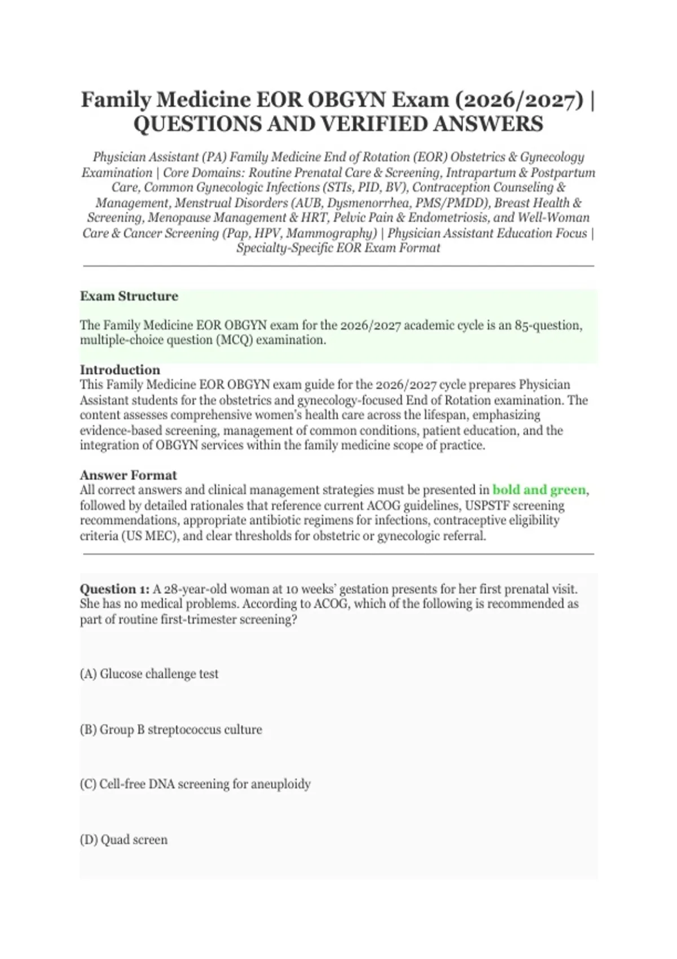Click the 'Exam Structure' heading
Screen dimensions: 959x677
(129, 296)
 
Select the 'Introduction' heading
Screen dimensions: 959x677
(120, 370)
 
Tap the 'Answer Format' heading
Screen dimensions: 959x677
(128, 475)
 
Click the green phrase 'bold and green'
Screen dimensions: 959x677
(539, 490)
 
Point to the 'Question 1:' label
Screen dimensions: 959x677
(115, 589)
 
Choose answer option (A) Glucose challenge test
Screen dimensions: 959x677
(149, 674)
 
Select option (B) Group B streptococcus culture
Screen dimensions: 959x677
(171, 729)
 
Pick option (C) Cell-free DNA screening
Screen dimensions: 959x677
(195, 784)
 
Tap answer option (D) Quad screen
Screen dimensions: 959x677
(124, 839)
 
